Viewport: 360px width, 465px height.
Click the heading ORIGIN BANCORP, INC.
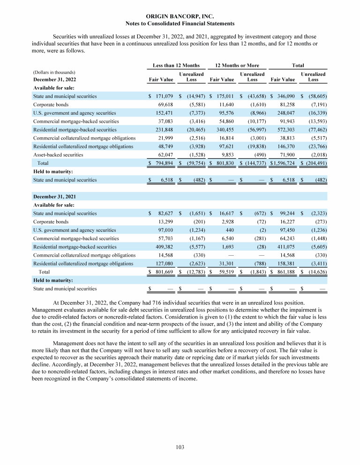(x=180, y=16)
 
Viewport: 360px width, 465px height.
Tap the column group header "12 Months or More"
(x=237, y=65)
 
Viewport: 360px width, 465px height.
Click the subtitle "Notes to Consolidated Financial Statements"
(x=180, y=23)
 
